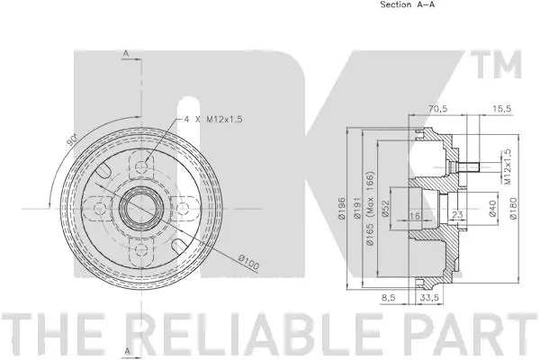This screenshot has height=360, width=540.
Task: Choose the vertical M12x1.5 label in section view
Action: (508, 166)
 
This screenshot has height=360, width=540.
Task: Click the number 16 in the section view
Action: (415, 216)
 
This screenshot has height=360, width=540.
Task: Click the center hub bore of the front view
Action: (136, 208)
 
